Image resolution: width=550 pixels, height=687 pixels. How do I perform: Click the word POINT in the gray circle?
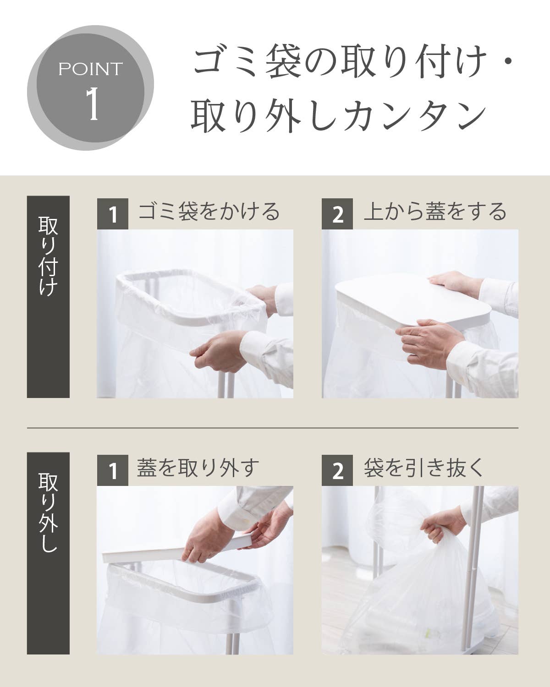pos(90,69)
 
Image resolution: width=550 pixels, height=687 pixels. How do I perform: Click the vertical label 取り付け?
pos(48,256)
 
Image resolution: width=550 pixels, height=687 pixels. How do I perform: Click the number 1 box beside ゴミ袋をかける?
pos(113,213)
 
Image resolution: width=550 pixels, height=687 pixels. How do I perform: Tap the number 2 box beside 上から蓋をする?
pos(337,213)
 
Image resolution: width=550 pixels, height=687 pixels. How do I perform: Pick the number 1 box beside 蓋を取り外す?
pos(113,470)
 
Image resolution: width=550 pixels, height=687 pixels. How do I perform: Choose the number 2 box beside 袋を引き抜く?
pos(337,470)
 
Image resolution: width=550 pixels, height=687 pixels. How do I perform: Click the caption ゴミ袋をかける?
pos(209,211)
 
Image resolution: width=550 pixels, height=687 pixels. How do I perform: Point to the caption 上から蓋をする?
pos(435,211)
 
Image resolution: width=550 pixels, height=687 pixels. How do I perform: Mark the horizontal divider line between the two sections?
pos(273,427)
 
